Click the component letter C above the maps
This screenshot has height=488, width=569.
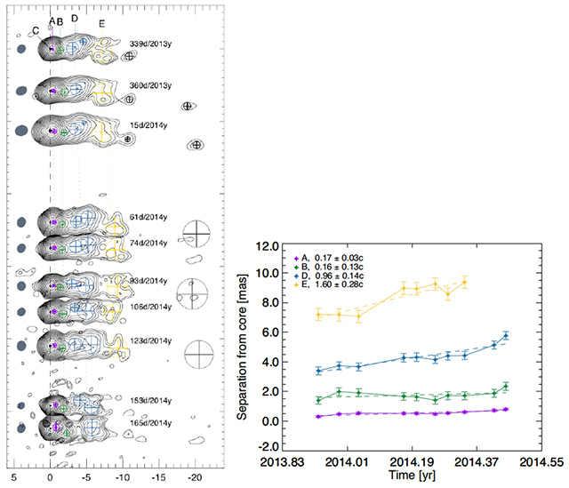[x=35, y=30]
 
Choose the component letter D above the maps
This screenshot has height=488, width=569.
[x=75, y=19]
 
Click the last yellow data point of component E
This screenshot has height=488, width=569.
[x=464, y=282]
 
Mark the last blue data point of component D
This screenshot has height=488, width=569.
[x=506, y=335]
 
